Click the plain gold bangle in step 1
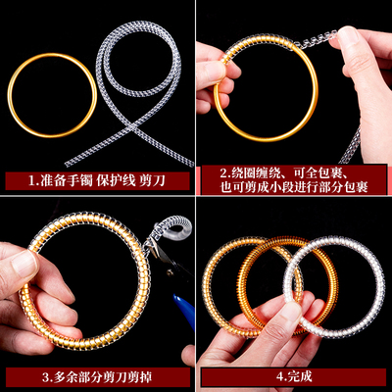coord(52,54)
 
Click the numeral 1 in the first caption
coord(31,181)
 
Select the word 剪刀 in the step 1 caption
coord(153,180)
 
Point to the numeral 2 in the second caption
coord(223,172)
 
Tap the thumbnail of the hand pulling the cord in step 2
coord(347,36)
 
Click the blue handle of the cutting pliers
coord(184,309)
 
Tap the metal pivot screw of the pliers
coord(170,271)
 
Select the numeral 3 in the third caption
coord(45,377)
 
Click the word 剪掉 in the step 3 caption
coord(140,377)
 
